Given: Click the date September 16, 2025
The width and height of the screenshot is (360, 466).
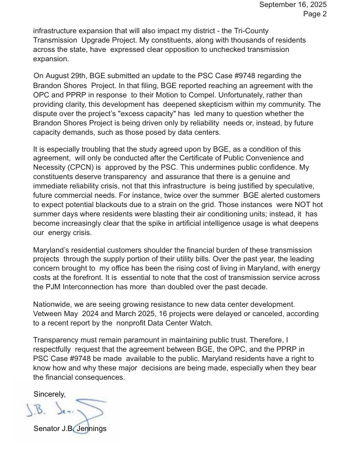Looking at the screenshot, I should click(x=293, y=5).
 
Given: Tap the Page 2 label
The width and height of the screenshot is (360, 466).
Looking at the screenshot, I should click(x=315, y=15).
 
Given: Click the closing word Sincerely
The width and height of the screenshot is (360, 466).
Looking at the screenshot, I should click(x=50, y=394).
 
